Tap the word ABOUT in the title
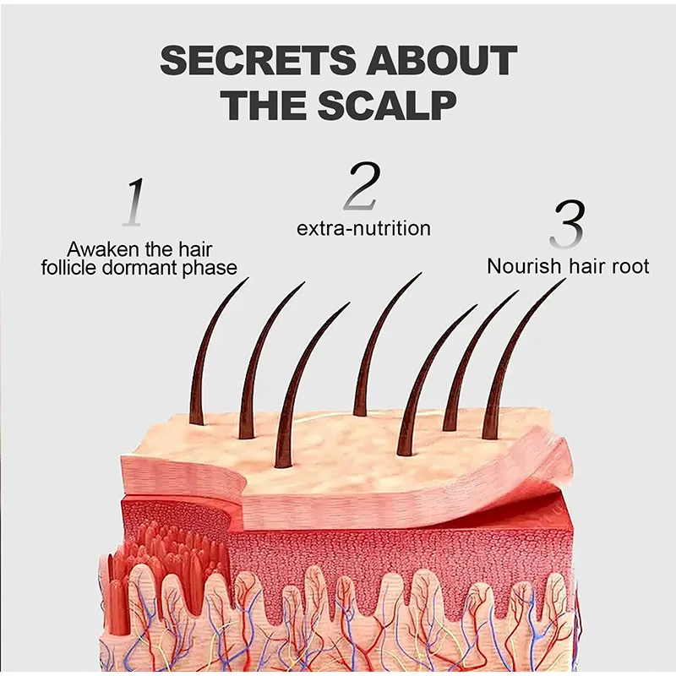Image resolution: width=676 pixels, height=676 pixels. pos(445,61)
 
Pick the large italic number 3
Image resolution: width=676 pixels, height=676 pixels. pos(566,225)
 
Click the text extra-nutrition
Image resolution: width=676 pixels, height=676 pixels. pos(363,228)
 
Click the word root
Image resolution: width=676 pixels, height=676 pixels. pos(630,266)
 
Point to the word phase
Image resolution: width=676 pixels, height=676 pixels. pos(215,268)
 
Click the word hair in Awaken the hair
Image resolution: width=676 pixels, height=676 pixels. pos(194,250)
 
